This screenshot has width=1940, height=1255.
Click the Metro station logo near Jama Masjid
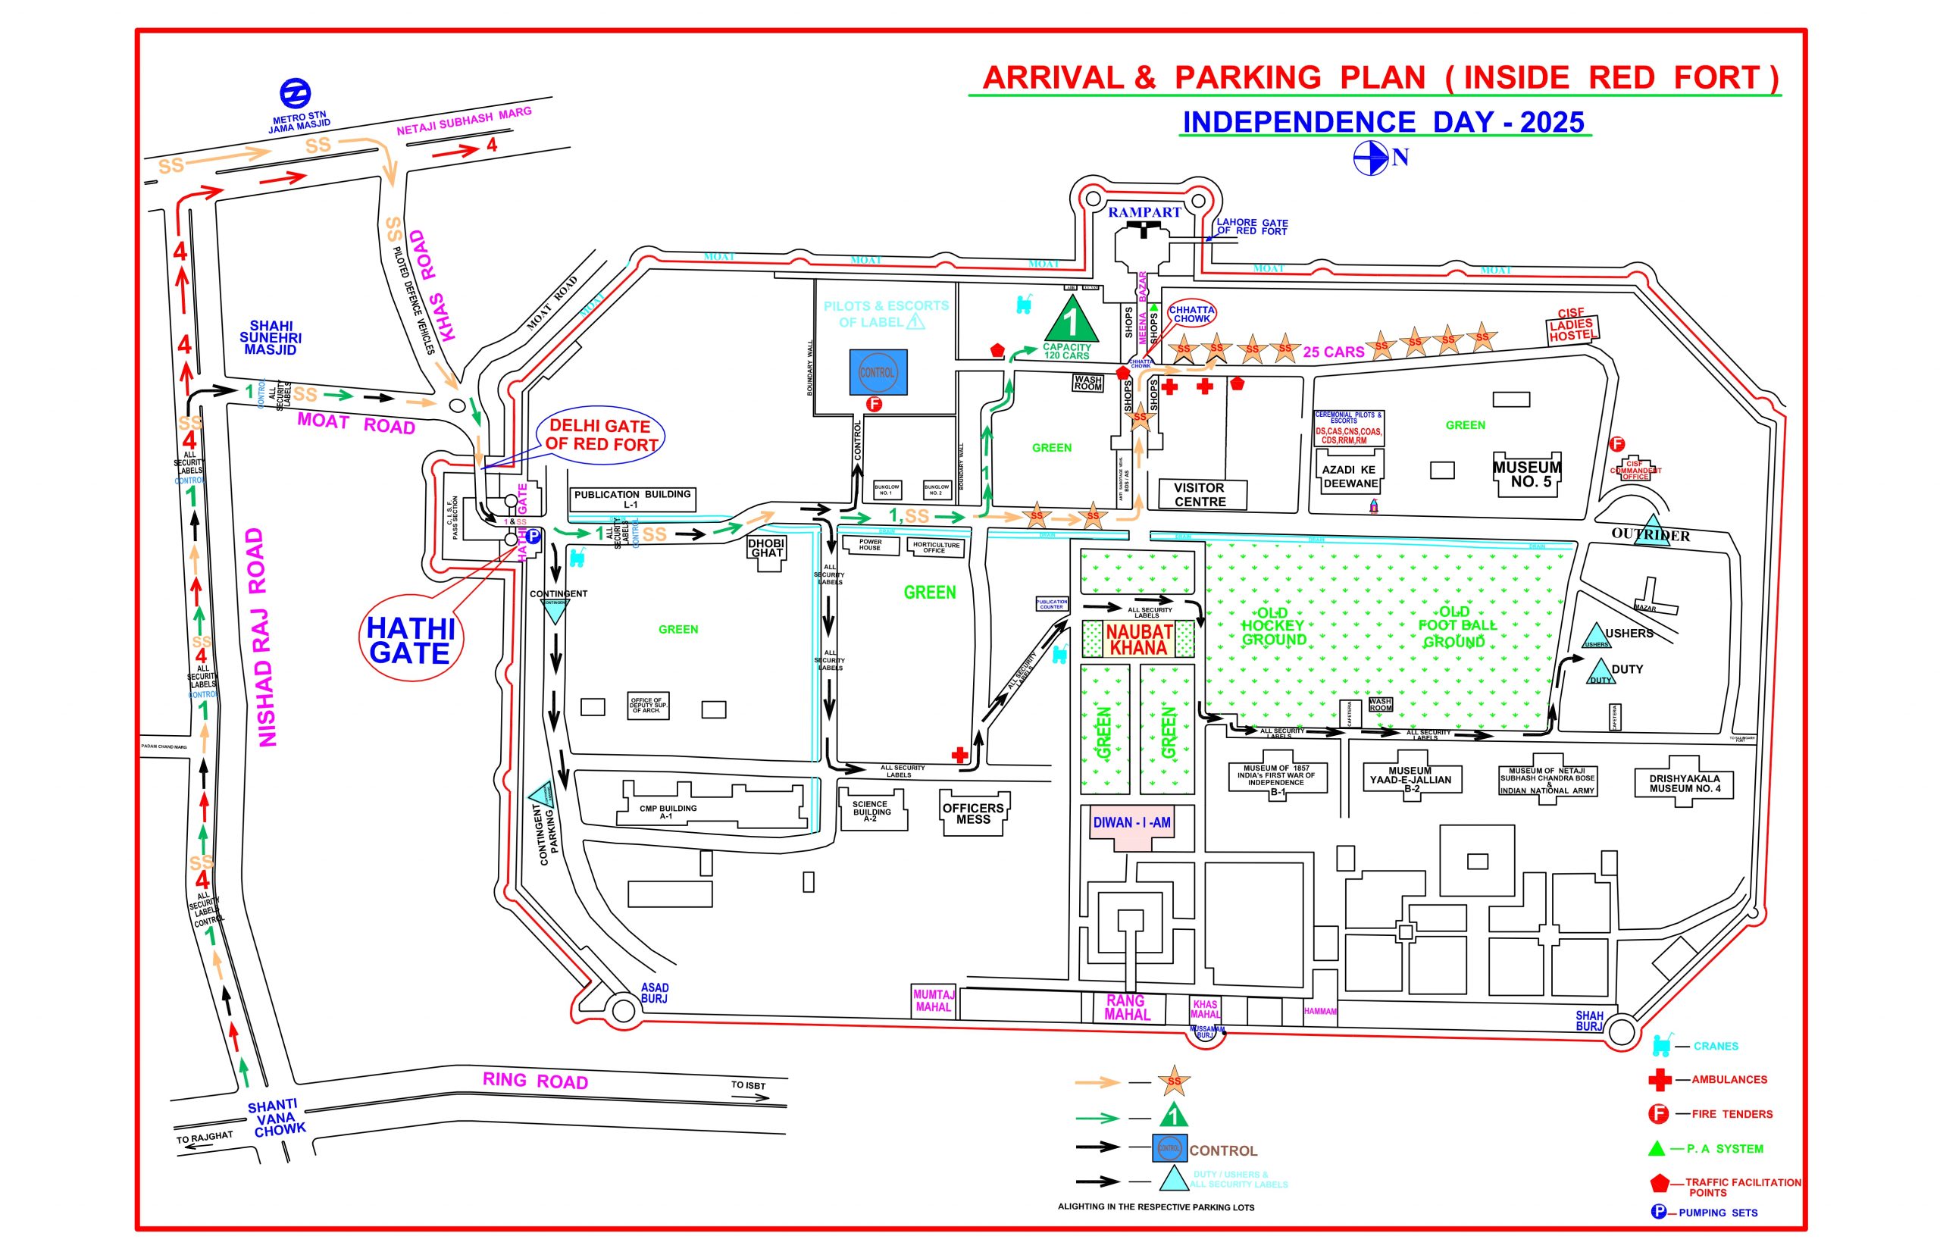pos(295,93)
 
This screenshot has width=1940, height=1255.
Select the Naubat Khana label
pos(1138,640)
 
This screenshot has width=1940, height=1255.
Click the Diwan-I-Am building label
pos(1131,823)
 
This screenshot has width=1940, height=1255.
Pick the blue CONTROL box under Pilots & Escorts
pos(878,372)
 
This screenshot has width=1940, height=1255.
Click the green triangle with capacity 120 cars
pos(1071,321)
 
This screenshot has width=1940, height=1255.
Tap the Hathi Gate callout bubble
pos(410,641)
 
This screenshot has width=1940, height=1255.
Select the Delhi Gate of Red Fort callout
pos(601,435)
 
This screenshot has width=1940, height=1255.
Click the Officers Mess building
pos(973,813)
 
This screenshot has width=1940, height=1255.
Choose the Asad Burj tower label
pos(654,993)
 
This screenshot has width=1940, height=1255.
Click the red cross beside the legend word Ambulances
pos(1660,1080)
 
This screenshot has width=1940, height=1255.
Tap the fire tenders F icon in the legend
pos(1658,1114)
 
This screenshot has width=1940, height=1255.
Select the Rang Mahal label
pos(1127,1007)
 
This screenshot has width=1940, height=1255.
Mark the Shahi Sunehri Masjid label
pos(271,337)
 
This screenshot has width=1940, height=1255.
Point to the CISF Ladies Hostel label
pos(1570,325)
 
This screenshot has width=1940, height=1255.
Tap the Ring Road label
pos(534,1081)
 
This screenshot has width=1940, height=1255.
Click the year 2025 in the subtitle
pos(1551,122)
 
